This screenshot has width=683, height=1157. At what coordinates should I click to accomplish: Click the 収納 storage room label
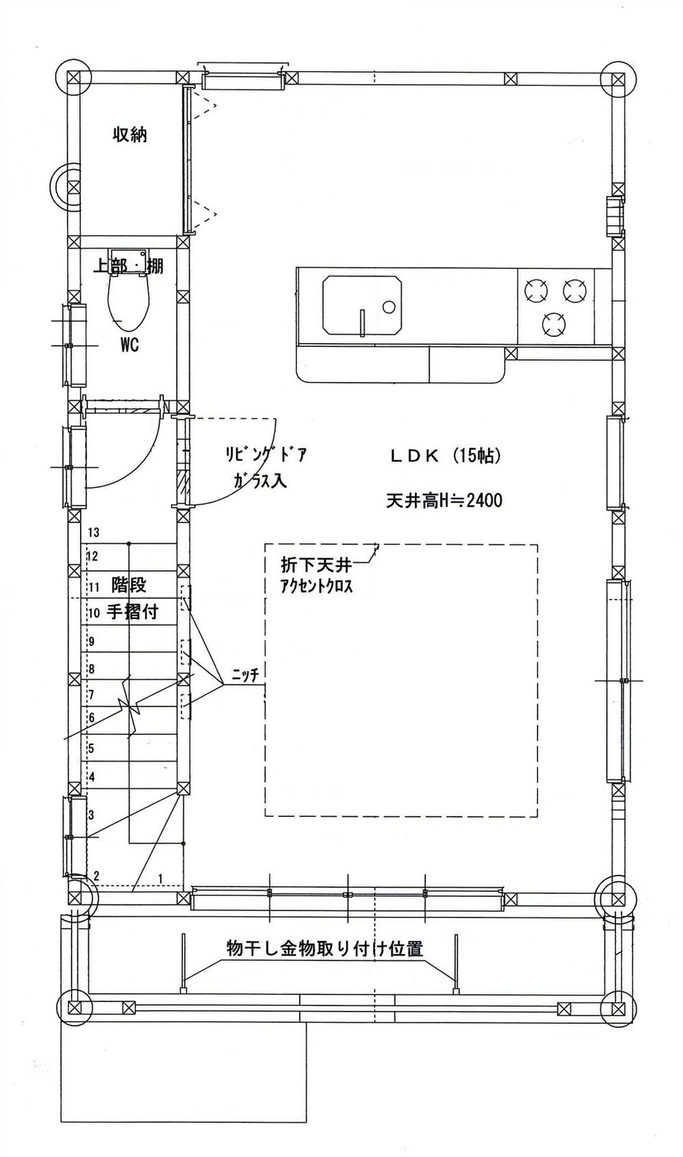pyautogui.click(x=130, y=135)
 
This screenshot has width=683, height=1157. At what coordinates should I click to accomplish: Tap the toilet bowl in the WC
pyautogui.click(x=128, y=304)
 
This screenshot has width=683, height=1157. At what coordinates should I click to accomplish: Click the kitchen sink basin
pyautogui.click(x=361, y=305)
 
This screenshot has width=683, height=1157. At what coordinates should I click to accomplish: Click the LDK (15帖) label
pyautogui.click(x=445, y=456)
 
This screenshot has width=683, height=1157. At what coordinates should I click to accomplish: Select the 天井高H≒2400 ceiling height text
pyautogui.click(x=444, y=501)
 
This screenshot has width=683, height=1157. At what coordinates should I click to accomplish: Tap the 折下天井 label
pyautogui.click(x=316, y=566)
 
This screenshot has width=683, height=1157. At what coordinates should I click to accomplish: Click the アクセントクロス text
pyautogui.click(x=316, y=586)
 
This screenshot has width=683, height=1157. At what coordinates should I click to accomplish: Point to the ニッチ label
pyautogui.click(x=245, y=675)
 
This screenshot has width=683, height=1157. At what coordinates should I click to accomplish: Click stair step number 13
pyautogui.click(x=94, y=533)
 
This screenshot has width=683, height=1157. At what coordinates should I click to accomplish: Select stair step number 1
pyautogui.click(x=161, y=876)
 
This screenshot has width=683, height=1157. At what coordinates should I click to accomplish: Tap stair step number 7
pyautogui.click(x=91, y=695)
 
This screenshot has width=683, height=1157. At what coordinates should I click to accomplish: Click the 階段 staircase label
pyautogui.click(x=129, y=585)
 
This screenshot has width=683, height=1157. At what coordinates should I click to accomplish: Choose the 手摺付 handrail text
pyautogui.click(x=133, y=612)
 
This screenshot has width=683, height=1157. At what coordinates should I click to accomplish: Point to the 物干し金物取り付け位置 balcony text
pyautogui.click(x=324, y=949)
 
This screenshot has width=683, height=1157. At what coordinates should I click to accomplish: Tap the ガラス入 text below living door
pyautogui.click(x=259, y=482)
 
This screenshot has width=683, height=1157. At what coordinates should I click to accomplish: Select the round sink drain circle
pyautogui.click(x=389, y=306)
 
